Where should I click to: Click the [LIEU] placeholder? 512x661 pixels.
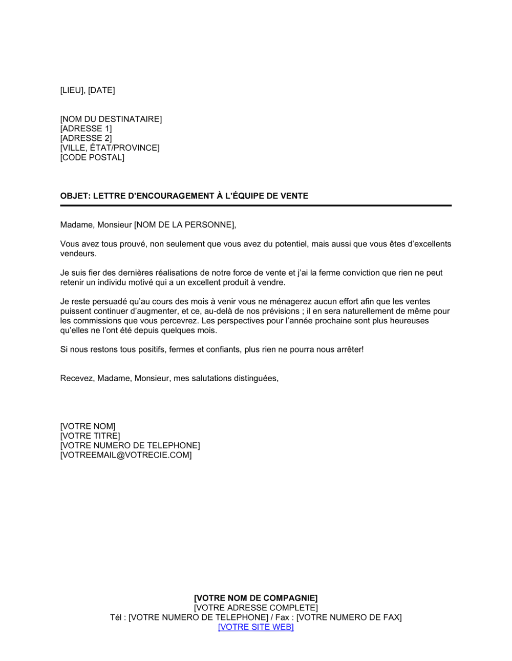72,91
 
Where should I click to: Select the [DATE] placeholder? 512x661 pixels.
101,91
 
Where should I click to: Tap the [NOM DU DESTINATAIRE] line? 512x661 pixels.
111,119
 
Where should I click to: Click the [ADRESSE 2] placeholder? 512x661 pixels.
86,138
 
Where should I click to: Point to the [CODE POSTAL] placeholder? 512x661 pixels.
92,157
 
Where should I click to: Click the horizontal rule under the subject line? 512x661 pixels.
255,205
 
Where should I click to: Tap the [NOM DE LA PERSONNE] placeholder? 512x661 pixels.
184,225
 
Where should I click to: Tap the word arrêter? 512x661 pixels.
347,349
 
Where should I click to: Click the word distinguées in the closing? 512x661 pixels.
255,379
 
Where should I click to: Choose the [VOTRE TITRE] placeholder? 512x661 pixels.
90,436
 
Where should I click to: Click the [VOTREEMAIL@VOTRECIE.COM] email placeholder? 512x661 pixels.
126,455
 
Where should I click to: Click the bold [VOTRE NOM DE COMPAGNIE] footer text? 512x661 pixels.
255,598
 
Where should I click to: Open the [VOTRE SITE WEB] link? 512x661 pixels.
255,627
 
